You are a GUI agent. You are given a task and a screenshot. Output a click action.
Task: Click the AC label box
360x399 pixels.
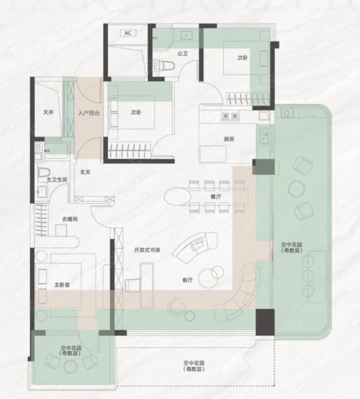[x=128, y=33]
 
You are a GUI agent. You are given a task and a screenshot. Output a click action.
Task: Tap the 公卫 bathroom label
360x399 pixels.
[x=182, y=54]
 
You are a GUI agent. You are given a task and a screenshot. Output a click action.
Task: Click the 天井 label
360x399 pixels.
[x=48, y=112]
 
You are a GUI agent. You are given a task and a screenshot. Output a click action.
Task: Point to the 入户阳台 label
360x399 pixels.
[x=89, y=113]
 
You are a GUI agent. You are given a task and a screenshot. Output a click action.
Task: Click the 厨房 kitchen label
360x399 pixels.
[x=229, y=139]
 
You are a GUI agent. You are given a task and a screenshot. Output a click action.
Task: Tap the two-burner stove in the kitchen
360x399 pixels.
[x=230, y=116]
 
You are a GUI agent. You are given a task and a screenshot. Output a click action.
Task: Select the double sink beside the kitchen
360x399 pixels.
[x=264, y=135]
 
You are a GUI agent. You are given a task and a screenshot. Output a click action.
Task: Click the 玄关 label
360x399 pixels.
[x=86, y=172]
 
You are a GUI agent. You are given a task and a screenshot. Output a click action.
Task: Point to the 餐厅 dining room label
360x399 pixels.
[x=216, y=197]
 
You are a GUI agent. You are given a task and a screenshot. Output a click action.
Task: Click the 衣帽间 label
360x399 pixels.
[x=70, y=219]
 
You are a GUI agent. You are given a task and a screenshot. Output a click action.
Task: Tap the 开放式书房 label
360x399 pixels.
[x=147, y=250]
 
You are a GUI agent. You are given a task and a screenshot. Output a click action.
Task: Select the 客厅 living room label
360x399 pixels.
[x=188, y=280]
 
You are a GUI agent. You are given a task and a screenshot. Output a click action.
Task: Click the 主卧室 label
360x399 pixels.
[x=62, y=285]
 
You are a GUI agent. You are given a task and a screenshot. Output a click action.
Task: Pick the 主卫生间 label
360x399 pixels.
[x=57, y=180]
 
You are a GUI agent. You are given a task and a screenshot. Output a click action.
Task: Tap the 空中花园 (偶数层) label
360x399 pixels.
[x=194, y=366]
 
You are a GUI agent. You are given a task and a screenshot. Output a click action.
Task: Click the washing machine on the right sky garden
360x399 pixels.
[x=287, y=112]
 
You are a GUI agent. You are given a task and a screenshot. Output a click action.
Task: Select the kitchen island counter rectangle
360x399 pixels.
[x=213, y=153]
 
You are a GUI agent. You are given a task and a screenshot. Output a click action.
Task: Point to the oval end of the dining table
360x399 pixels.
[x=177, y=197]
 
